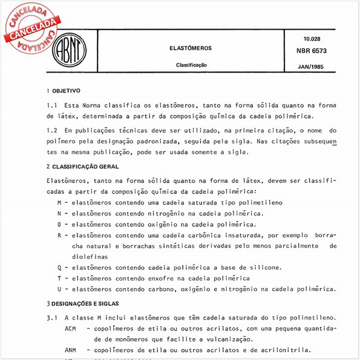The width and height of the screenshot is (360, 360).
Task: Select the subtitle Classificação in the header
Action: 191,64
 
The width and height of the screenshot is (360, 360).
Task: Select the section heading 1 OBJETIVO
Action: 63,90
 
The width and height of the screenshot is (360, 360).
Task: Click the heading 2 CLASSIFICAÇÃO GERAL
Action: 83,166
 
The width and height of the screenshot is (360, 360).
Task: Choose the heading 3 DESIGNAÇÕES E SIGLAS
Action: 83,303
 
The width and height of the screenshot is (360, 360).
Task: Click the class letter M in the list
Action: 59,202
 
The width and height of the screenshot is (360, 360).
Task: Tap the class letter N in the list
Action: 59,213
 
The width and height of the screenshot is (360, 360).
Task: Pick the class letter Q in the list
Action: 59,267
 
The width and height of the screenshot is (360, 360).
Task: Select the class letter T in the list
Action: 59,278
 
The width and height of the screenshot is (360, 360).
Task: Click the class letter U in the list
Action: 59,289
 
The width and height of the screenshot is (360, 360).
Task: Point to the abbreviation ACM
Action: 71,329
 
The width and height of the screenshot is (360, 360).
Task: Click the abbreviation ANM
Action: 71,350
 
